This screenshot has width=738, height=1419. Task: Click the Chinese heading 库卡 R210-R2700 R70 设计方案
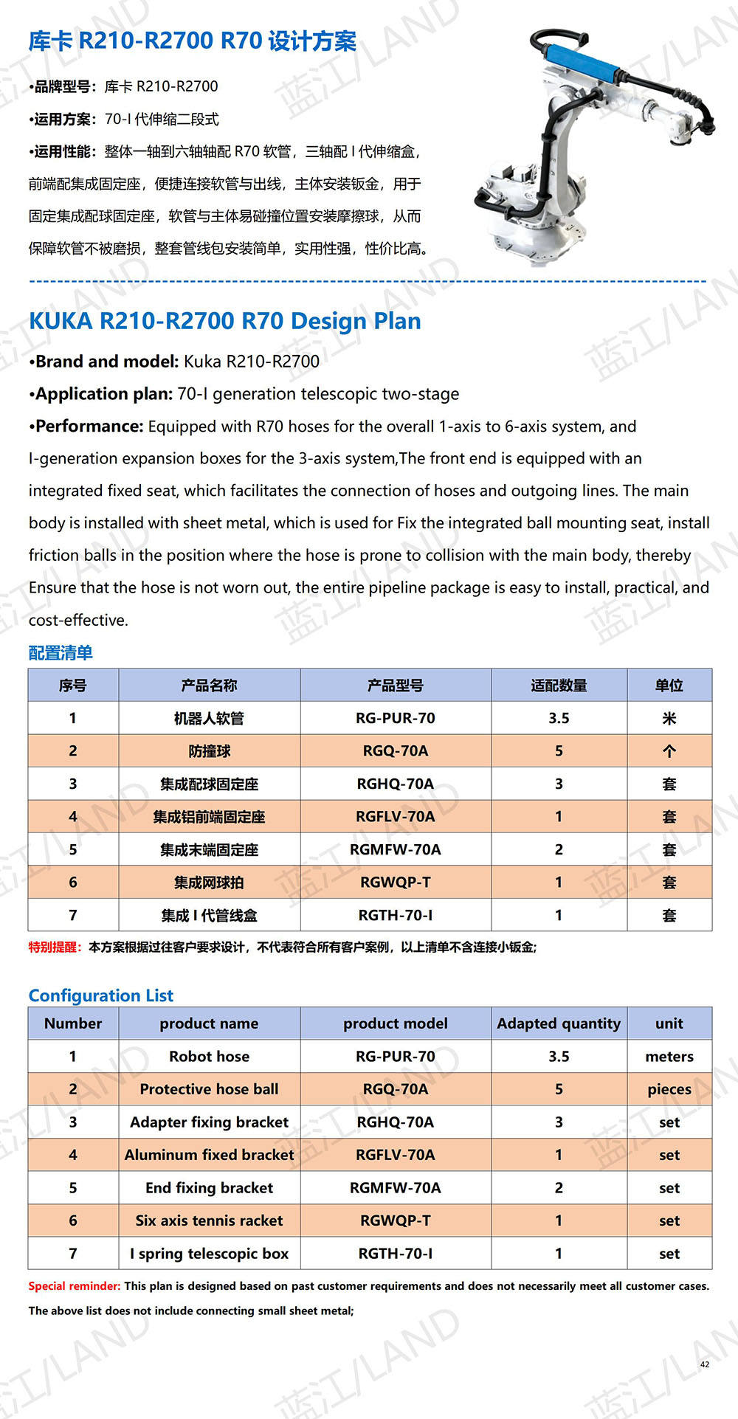point(192,41)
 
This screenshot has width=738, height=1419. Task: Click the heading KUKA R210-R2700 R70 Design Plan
point(225,321)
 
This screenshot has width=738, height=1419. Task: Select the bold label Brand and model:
point(106,362)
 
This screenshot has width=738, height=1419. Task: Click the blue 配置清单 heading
point(61,653)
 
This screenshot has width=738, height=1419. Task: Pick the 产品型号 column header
point(396,686)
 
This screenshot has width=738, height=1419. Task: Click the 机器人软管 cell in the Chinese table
point(209,719)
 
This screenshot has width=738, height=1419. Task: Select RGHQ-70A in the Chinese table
point(396,784)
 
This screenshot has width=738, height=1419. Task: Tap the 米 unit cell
point(669,719)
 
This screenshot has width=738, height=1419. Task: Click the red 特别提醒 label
point(55,947)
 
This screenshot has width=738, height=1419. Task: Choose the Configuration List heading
point(101,995)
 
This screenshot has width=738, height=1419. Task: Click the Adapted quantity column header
point(559,1023)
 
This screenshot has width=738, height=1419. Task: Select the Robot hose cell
point(209,1057)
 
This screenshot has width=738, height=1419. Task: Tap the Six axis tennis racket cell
point(209,1221)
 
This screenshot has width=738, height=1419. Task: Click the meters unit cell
point(669,1057)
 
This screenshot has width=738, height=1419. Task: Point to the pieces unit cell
point(669,1089)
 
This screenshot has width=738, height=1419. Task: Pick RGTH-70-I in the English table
point(396,1254)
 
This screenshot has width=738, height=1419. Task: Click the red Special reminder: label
point(74,1286)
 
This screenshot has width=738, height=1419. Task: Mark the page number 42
point(705,1364)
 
